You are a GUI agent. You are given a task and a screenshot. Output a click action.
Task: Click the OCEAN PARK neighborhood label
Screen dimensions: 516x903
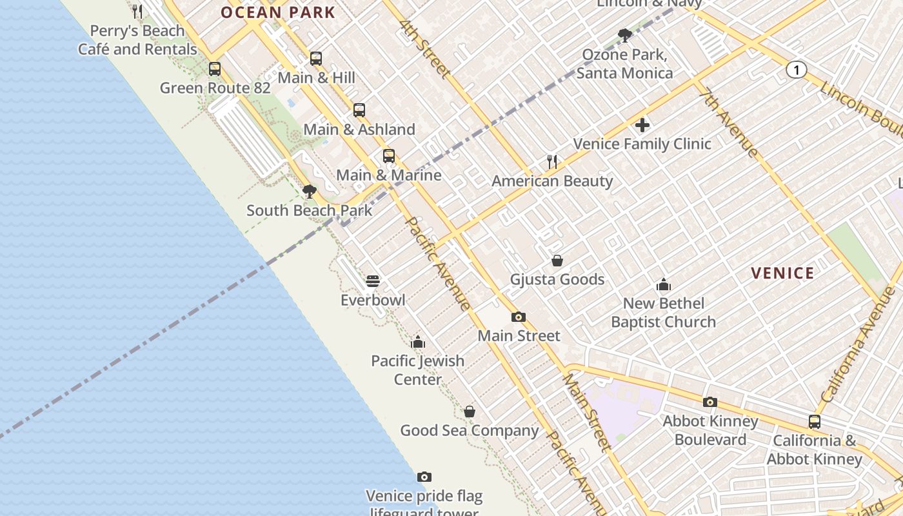278,12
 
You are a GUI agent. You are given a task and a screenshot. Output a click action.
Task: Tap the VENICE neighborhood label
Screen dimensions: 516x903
782,273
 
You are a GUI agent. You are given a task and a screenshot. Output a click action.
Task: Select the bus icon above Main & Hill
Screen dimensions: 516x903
316,59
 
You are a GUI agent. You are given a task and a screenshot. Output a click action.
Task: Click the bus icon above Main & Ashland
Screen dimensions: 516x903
359,110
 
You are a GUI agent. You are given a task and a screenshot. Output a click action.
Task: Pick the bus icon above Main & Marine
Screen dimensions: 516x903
389,156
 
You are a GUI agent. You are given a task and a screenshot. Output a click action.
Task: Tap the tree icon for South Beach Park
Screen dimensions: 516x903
310,192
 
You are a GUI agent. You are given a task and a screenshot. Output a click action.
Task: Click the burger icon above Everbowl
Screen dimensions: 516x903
373,281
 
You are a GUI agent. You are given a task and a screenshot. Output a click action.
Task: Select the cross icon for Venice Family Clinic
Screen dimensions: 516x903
642,125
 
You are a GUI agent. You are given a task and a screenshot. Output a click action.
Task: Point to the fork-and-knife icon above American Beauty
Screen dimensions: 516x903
552,162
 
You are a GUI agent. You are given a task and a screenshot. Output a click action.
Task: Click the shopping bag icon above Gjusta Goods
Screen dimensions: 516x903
557,261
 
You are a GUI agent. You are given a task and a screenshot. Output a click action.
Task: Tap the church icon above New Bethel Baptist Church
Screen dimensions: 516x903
663,284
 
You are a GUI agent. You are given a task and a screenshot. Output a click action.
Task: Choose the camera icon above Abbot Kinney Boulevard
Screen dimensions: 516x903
710,402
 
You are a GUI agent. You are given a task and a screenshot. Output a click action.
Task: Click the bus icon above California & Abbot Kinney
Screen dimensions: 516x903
815,422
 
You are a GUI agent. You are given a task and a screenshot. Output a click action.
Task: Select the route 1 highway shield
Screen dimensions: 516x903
797,70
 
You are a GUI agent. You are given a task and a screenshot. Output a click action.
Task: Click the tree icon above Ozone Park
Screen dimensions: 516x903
624,35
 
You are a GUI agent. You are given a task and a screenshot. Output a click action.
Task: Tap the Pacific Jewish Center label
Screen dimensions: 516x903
418,370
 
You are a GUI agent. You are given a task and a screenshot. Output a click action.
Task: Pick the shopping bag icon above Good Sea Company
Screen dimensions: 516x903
470,412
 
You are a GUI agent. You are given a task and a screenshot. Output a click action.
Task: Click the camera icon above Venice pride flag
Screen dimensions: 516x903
424,477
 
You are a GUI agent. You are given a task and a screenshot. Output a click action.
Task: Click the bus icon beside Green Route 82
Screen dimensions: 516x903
215,69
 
